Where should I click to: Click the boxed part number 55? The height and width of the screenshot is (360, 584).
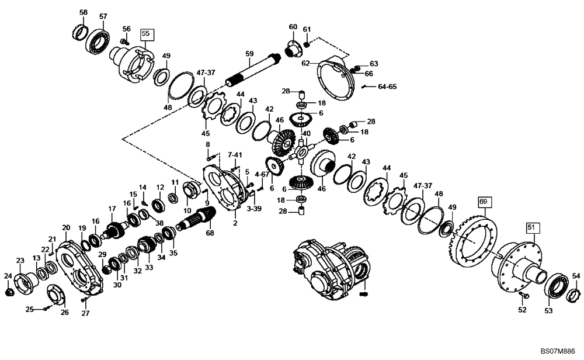(x=146, y=34)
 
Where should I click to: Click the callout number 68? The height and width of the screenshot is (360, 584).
(x=210, y=233)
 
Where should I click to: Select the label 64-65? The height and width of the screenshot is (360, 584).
(x=387, y=86)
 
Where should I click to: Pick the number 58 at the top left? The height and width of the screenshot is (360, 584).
(x=84, y=12)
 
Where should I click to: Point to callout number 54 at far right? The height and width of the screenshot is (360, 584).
(x=576, y=275)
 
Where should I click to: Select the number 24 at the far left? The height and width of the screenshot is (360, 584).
(x=8, y=275)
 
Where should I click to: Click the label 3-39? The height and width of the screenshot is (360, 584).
(x=254, y=208)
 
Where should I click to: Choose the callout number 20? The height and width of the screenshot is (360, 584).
(x=66, y=227)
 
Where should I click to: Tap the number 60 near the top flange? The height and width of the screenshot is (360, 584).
(x=293, y=27)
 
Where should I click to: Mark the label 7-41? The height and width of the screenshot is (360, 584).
(x=234, y=155)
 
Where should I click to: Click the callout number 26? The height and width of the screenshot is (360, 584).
(x=64, y=312)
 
